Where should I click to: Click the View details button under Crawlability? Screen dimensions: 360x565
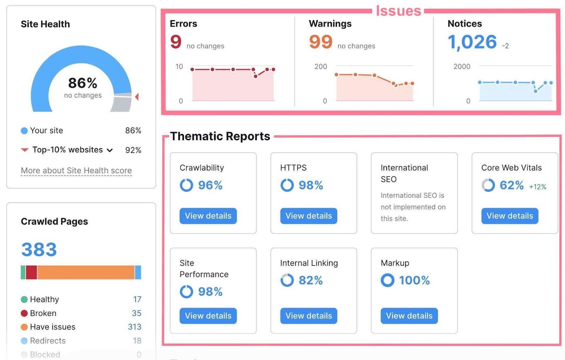click(208, 216)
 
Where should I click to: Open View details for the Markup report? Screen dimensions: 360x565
click(409, 316)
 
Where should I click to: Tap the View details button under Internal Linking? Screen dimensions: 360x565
click(309, 316)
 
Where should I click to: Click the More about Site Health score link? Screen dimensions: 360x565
click(76, 171)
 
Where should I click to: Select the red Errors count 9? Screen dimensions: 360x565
click(176, 42)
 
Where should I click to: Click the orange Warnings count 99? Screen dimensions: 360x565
click(321, 42)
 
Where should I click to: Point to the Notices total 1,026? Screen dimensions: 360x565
click(472, 42)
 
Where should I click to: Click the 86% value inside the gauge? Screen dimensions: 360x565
click(83, 83)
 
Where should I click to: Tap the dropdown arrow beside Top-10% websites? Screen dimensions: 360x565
click(110, 150)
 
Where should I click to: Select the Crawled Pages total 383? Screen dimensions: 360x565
click(39, 249)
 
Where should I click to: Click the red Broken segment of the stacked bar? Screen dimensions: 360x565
click(31, 272)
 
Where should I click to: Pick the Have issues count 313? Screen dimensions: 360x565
click(135, 327)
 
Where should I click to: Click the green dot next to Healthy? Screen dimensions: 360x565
click(24, 300)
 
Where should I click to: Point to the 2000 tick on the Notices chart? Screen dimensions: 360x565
click(462, 66)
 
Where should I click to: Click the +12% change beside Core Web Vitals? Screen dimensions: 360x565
click(537, 187)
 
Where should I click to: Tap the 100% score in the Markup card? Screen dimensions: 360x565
click(414, 280)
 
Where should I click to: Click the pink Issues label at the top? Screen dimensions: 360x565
click(398, 11)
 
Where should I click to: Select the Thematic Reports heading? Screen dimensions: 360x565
click(220, 136)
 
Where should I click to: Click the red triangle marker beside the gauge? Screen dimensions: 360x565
click(137, 96)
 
